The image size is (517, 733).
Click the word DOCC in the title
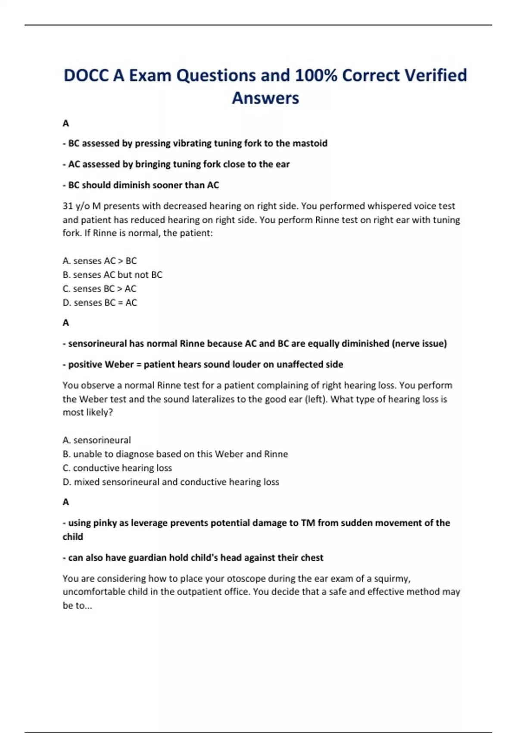[x=86, y=75]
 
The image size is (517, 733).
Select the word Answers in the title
[x=265, y=98]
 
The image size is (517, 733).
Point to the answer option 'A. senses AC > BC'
[x=100, y=261]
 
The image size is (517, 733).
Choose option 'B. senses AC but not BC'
[x=112, y=275]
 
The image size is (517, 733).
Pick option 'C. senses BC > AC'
[x=100, y=288]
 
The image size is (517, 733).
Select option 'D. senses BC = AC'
[x=100, y=303]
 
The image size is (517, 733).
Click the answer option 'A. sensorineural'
[x=97, y=440]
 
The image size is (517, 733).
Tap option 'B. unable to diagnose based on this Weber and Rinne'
[x=175, y=454]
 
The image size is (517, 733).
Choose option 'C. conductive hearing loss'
[x=117, y=468]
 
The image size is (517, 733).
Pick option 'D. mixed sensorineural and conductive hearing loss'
[x=171, y=482]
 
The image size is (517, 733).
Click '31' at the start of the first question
[x=67, y=206]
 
